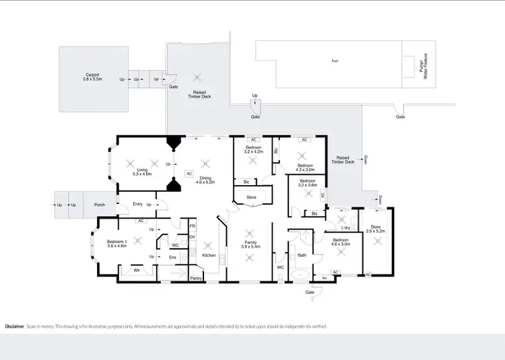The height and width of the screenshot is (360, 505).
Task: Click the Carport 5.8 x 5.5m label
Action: [93, 77]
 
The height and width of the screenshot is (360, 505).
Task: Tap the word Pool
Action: [335, 61]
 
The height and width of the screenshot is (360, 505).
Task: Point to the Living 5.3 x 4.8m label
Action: [142, 172]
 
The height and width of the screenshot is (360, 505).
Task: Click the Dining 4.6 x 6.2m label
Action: [205, 180]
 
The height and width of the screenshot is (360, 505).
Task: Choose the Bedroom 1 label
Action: [117, 244]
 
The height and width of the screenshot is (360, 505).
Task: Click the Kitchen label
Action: [209, 256]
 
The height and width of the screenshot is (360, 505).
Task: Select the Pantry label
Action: [197, 278]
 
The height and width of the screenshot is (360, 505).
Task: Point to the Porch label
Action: [100, 205]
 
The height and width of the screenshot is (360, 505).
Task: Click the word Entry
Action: [137, 204]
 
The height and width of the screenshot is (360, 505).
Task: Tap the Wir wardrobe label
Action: [137, 271]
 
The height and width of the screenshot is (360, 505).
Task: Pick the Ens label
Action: [172, 257]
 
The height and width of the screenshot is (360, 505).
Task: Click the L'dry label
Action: [345, 227]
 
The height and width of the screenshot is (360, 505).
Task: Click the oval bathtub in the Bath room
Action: [301, 274]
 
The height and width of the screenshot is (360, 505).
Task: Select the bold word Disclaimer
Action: [15, 326]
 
